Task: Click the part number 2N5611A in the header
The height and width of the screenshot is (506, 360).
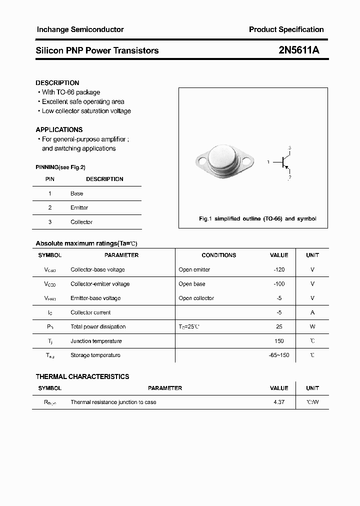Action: (x=299, y=50)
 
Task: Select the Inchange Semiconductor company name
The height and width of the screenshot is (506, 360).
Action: (x=80, y=29)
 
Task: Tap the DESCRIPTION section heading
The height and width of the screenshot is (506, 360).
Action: (x=57, y=82)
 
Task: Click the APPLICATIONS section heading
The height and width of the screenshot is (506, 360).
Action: (x=59, y=129)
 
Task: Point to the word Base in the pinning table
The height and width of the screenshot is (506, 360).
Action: (x=77, y=193)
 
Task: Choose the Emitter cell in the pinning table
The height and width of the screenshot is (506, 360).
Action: (x=79, y=207)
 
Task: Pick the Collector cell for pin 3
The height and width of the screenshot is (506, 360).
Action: (x=81, y=222)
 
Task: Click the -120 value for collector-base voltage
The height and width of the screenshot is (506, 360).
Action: (x=279, y=269)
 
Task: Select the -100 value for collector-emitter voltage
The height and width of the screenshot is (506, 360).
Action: (x=279, y=284)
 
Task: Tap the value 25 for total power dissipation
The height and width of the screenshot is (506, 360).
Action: (x=279, y=326)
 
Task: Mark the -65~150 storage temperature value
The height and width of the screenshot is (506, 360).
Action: (x=279, y=355)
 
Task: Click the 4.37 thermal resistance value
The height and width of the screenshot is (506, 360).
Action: (x=279, y=402)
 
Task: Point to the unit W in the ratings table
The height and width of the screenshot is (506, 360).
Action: (x=312, y=326)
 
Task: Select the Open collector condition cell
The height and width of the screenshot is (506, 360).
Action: (x=196, y=298)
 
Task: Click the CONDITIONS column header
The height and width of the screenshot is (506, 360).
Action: (x=218, y=255)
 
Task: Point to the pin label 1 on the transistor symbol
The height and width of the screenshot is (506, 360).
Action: (x=268, y=162)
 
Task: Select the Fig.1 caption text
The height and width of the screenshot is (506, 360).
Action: (x=257, y=219)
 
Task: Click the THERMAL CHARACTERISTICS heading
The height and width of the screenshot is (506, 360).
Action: (x=82, y=376)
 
